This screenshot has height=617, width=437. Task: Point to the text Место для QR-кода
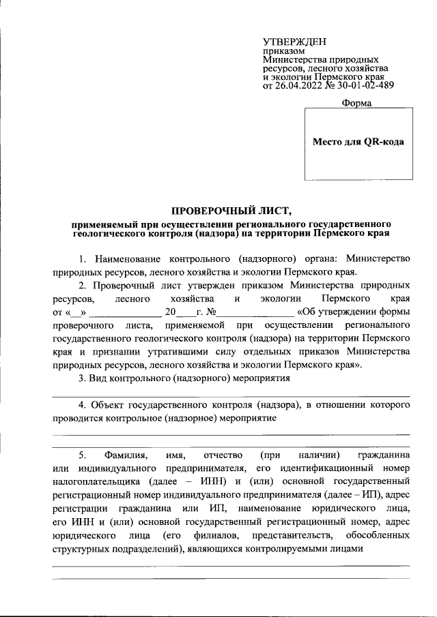coord(358,142)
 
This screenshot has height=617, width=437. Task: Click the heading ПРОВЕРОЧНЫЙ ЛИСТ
coord(225,209)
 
